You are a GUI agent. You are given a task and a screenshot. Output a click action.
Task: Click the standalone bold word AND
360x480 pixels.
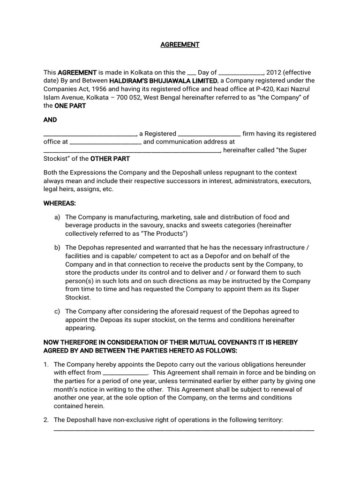tap(50, 120)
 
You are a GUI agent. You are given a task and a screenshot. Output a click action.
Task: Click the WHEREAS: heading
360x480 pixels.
tap(60, 203)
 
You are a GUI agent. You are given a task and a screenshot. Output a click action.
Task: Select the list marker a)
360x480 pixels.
tap(57, 217)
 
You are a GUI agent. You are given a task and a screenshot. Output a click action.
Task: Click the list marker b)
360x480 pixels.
tap(57, 247)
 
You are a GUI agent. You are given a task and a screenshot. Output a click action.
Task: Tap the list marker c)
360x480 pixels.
tap(57, 311)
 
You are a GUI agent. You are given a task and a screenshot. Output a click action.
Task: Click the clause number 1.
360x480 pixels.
tap(46, 364)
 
